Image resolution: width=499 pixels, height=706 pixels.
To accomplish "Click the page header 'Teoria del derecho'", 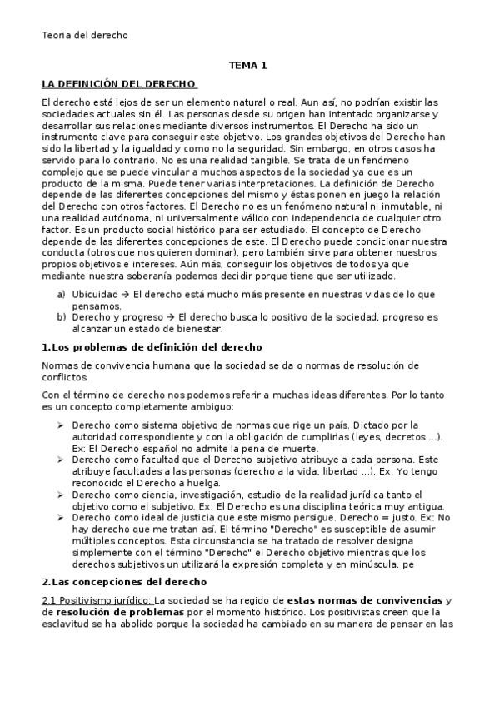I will pos(84,35).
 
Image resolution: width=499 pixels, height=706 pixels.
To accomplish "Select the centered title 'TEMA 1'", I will pos(248,65).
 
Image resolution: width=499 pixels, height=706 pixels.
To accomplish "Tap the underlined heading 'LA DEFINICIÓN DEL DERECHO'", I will pos(119,84).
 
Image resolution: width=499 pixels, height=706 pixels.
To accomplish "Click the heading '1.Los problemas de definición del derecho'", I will pos(152,346).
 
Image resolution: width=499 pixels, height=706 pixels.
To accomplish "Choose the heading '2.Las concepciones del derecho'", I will pos(124,580).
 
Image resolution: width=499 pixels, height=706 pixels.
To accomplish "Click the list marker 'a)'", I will pos(61,295).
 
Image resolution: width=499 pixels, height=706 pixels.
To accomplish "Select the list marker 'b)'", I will pos(61,316).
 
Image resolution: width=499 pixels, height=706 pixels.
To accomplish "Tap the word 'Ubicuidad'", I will pos(95,295).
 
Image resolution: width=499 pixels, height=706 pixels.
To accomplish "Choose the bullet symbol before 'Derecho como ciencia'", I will pos(61,495).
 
